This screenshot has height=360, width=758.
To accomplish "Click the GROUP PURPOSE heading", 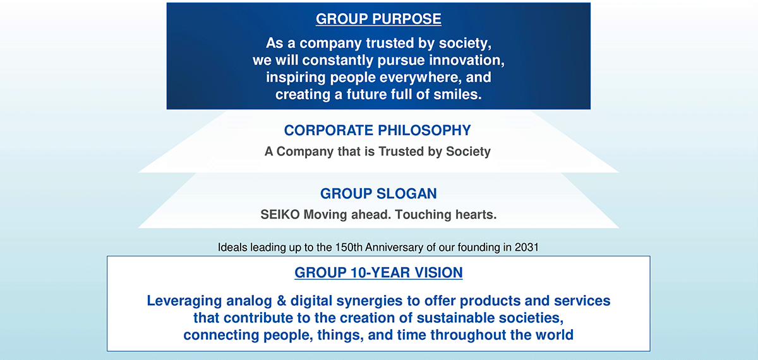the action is tap(378, 18).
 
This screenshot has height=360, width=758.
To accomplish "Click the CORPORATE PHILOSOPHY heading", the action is tap(377, 130).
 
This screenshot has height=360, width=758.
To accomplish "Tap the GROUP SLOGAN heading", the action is tap(378, 193).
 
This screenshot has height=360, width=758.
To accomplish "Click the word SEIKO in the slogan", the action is tap(280, 215).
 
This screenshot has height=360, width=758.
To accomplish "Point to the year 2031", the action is tap(527, 248).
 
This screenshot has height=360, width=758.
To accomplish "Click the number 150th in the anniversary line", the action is tap(349, 248).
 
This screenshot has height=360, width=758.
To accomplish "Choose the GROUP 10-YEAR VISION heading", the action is tap(378, 273).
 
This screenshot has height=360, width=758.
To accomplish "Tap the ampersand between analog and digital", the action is tap(282, 301).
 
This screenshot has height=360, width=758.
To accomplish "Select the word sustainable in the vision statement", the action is tap(455, 318).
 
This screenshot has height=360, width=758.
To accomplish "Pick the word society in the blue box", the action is tap(465, 44).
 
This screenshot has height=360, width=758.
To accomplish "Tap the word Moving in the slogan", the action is tap(325, 215).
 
